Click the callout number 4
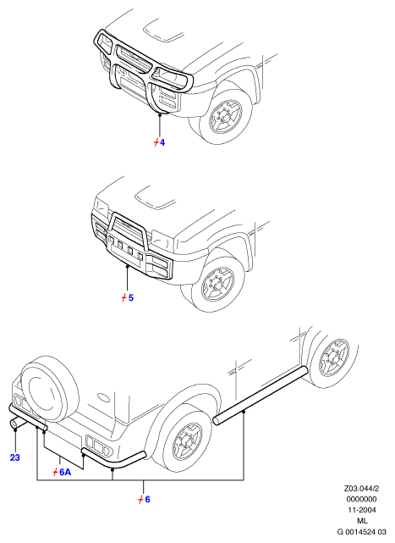(x=162, y=142)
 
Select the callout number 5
(x=131, y=297)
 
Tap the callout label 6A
(x=65, y=472)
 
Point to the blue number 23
(x=15, y=457)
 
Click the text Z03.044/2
(x=361, y=489)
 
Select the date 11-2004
(x=362, y=510)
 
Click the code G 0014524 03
(x=362, y=532)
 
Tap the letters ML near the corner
(x=363, y=520)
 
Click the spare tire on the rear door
(x=49, y=387)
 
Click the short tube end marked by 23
(x=17, y=424)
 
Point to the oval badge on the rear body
(x=103, y=397)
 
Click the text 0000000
(x=362, y=499)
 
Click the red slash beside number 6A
(x=55, y=472)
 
